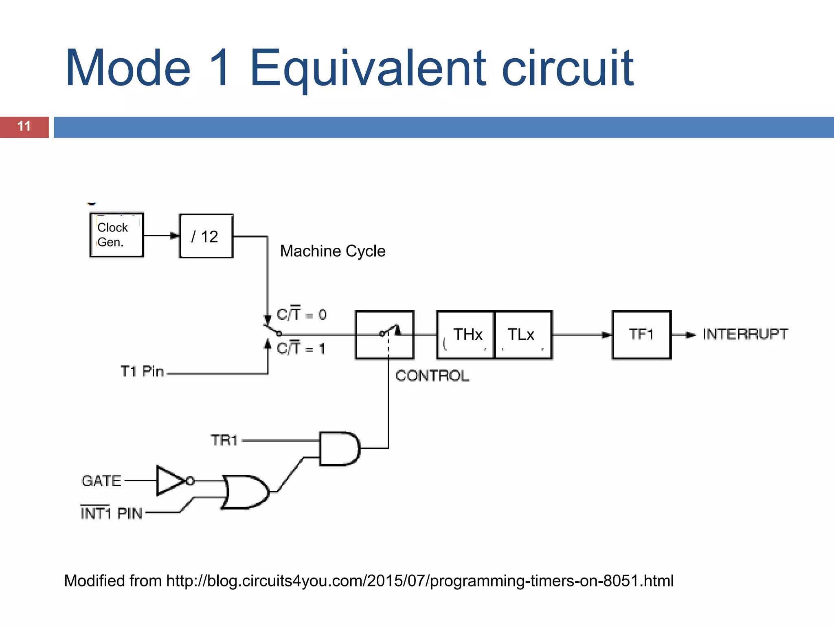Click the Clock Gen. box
click(x=116, y=235)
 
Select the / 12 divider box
click(x=206, y=236)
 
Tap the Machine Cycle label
click(x=332, y=251)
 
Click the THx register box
click(x=465, y=335)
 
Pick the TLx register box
click(x=522, y=335)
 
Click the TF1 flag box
click(x=641, y=335)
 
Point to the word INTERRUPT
click(x=745, y=334)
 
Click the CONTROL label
click(x=432, y=376)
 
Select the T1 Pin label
click(x=142, y=371)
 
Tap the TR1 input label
click(x=224, y=440)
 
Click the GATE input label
click(x=101, y=481)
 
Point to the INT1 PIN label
click(x=111, y=513)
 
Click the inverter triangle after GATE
click(x=170, y=481)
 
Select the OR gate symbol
click(x=245, y=492)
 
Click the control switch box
click(x=384, y=335)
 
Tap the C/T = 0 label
click(x=301, y=314)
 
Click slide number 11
click(x=24, y=126)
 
